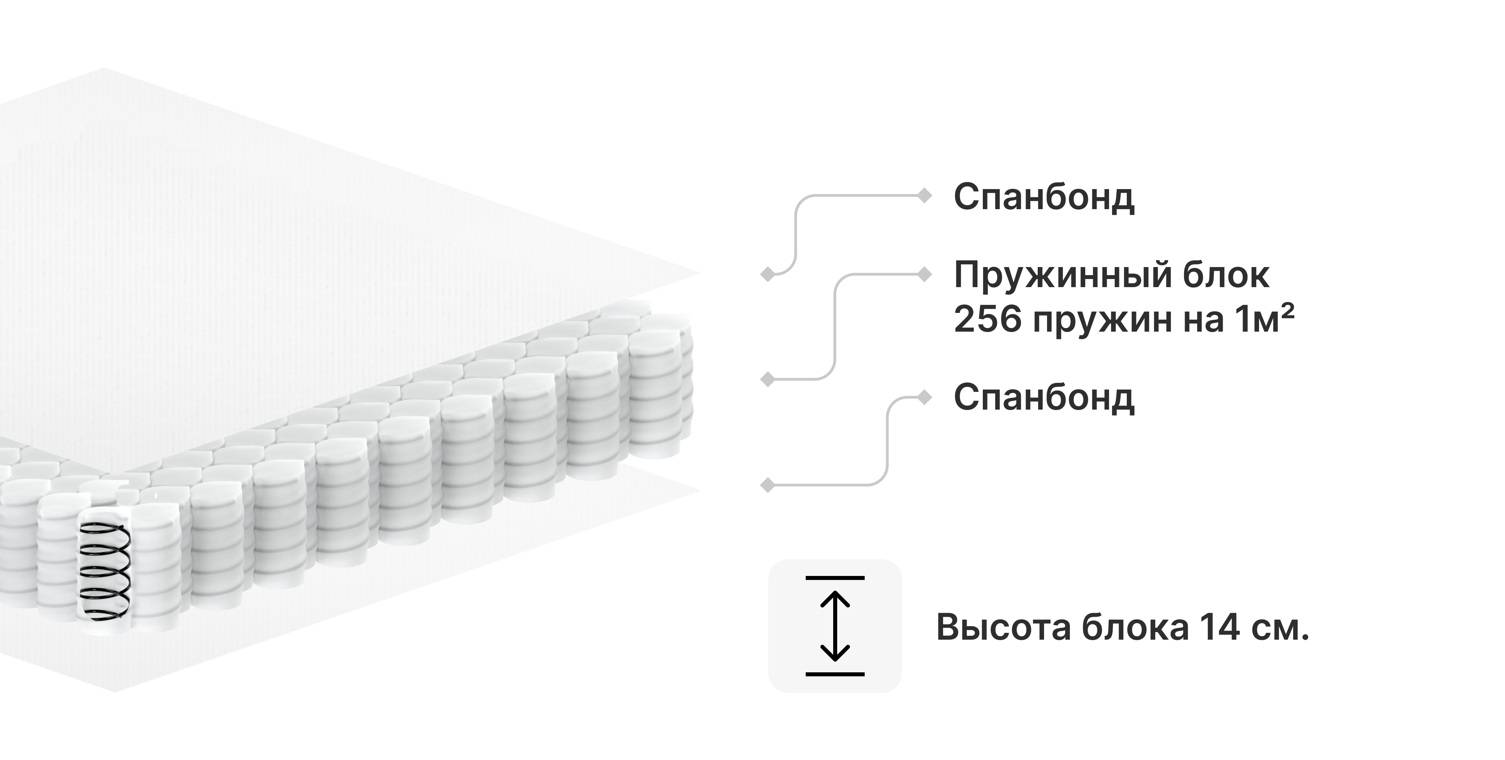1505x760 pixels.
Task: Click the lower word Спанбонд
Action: point(1044,398)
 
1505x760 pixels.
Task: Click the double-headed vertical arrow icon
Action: point(835,626)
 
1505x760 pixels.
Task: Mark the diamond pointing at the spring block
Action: point(768,380)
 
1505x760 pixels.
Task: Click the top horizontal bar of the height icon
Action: point(835,578)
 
